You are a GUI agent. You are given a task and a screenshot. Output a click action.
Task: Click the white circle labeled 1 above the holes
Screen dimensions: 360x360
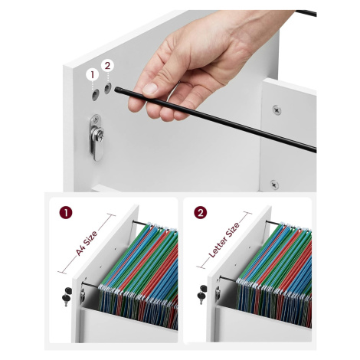coord(93,74)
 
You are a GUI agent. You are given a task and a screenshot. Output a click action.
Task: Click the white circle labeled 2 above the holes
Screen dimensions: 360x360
coord(107,66)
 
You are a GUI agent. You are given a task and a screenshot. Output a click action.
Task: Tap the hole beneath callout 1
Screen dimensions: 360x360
coord(95,95)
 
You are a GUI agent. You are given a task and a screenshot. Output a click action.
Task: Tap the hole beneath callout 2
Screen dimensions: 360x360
coord(107,88)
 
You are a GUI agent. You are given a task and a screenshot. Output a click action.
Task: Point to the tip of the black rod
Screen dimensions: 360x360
coord(116,90)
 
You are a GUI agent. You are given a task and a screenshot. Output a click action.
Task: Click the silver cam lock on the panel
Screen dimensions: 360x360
coord(97,138)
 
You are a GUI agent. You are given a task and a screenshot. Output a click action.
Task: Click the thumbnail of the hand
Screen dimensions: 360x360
coord(151,89)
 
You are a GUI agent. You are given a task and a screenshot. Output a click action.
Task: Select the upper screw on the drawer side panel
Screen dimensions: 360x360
coord(277,110)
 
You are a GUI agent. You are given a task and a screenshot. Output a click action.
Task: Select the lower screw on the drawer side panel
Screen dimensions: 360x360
coord(274,185)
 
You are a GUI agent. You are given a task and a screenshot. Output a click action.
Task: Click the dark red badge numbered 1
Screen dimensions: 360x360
coord(66,213)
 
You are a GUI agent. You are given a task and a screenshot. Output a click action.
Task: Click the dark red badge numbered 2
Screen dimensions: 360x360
coord(201,213)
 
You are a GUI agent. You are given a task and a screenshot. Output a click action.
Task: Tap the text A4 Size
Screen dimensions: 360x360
coord(87,244)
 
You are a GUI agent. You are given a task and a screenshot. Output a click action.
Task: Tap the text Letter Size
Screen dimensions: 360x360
coord(224,240)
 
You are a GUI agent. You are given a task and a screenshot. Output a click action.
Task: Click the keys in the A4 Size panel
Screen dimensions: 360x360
coord(67,296)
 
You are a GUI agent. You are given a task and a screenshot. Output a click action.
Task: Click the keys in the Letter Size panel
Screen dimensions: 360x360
coord(202,294)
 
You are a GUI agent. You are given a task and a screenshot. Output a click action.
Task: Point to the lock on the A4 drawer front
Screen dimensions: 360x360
coord(83,294)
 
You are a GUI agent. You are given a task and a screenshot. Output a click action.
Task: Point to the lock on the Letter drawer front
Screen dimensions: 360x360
coord(218,293)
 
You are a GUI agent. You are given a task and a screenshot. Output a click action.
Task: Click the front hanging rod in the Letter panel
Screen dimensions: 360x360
coord(227,280)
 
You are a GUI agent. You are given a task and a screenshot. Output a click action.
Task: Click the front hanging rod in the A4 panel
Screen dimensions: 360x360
coord(90,284)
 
